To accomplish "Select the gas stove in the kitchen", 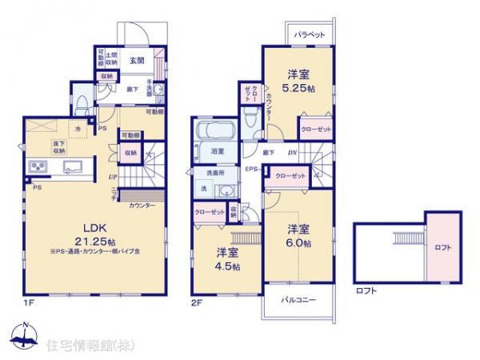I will (x=38, y=166).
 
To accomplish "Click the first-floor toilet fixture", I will (x=157, y=90).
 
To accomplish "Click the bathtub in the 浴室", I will (x=213, y=133).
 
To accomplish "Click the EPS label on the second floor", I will (x=250, y=170).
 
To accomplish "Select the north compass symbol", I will (x=23, y=338).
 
